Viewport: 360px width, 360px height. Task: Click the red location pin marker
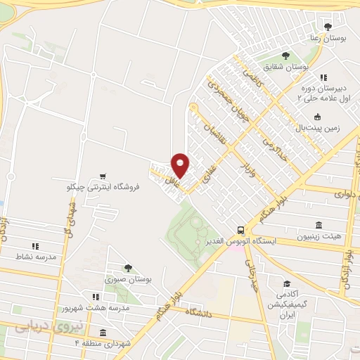180,165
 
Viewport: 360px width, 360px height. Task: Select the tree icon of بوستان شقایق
285,56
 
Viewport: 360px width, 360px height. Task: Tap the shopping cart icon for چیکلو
103,176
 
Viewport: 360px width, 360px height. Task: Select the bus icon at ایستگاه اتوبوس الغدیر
240,229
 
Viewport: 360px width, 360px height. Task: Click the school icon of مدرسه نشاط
34,246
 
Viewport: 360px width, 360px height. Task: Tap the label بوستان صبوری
129,279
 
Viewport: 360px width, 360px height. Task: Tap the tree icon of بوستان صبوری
129,267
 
